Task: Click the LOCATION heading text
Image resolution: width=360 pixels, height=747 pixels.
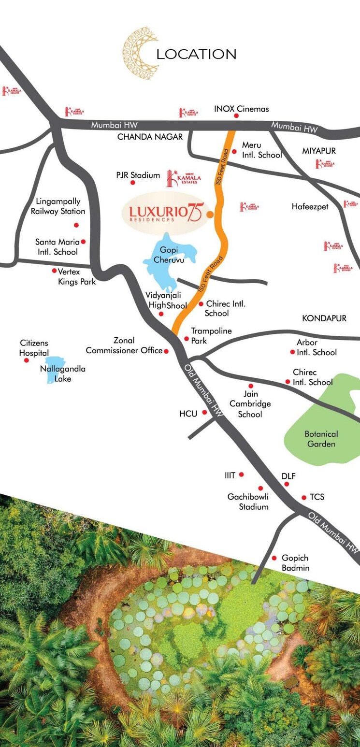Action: click(196, 54)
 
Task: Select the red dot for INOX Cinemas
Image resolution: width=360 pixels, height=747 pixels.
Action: click(237, 116)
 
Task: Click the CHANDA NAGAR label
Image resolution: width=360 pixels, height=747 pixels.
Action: click(150, 137)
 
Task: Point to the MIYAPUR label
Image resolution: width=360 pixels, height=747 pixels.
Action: click(319, 151)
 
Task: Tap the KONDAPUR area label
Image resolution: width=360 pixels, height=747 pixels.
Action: click(324, 318)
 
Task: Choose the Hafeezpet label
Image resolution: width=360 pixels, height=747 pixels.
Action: click(310, 207)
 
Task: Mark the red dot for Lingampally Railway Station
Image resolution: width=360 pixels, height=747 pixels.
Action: click(76, 225)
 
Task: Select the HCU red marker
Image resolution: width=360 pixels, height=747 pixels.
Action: click(205, 412)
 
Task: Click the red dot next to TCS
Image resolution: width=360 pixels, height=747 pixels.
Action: click(304, 497)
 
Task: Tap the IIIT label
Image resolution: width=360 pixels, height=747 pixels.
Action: click(230, 475)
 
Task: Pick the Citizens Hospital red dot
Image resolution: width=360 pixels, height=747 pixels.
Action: click(27, 360)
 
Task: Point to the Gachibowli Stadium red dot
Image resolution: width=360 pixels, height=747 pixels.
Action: click(260, 488)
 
